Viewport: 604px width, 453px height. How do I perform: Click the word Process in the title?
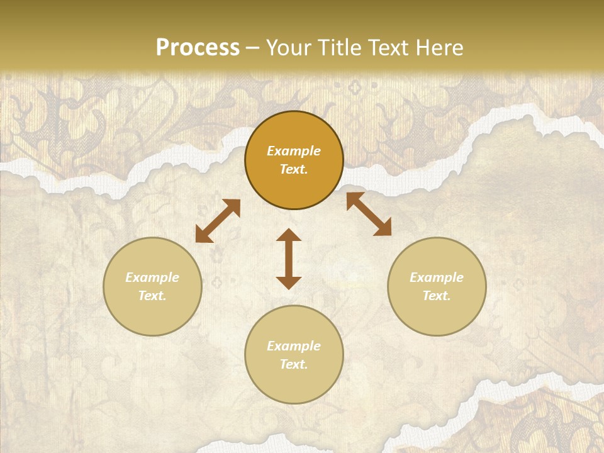click(198, 48)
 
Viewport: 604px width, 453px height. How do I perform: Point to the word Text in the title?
click(386, 48)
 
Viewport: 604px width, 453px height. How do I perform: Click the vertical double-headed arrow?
click(289, 259)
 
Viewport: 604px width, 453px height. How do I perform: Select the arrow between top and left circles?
click(218, 221)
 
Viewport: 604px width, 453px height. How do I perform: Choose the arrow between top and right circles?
click(369, 214)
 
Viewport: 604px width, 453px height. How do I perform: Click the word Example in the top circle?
click(294, 151)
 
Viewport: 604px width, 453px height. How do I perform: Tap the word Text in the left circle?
click(152, 296)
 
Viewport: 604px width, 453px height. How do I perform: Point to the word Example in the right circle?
click(437, 277)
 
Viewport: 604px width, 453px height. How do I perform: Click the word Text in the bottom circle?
click(294, 364)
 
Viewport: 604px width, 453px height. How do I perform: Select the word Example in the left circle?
click(152, 277)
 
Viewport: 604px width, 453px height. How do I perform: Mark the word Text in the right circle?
click(437, 296)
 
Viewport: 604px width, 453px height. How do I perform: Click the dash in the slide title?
click(252, 48)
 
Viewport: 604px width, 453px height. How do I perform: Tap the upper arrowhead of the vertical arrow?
click(289, 235)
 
